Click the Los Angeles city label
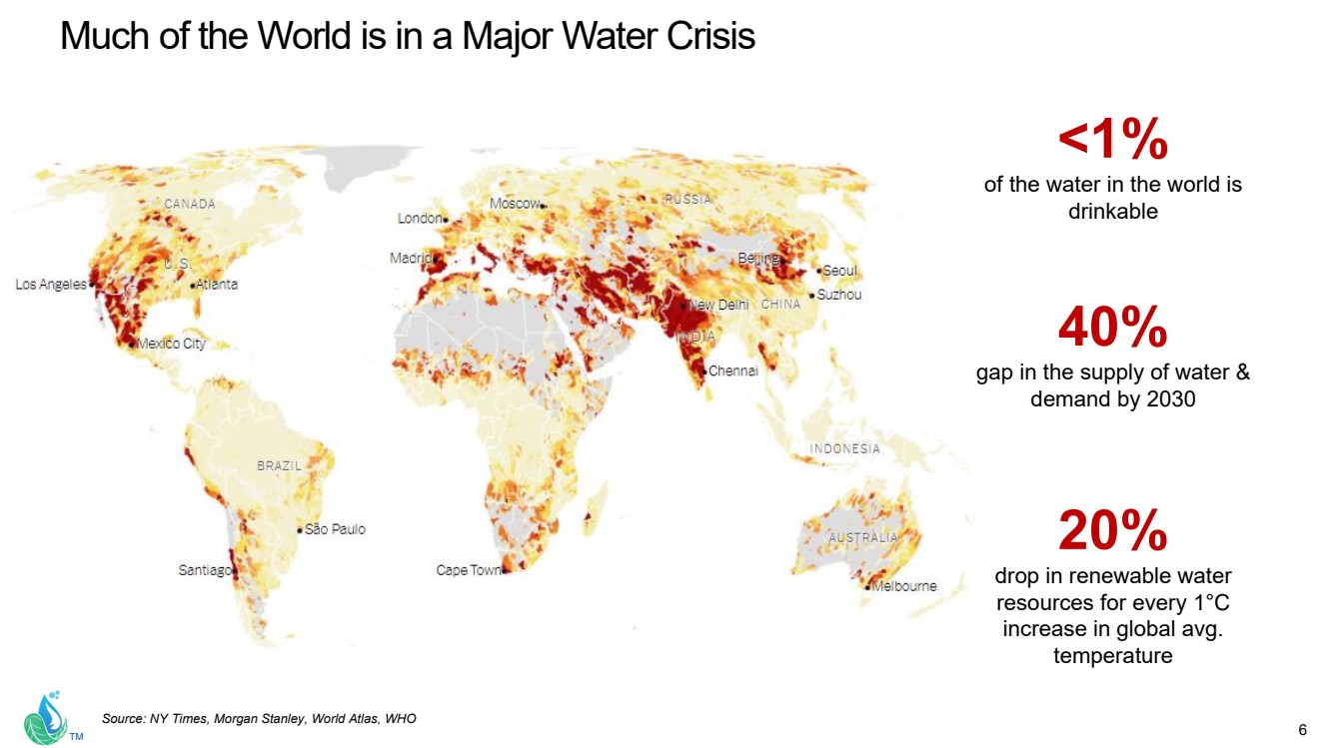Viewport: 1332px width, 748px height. coord(51,285)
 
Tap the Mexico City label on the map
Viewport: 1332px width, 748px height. coord(171,344)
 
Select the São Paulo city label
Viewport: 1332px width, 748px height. coord(335,529)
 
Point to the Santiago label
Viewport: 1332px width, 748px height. coord(205,570)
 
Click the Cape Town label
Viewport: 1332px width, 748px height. coord(469,570)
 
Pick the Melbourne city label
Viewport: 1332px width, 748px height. coord(904,586)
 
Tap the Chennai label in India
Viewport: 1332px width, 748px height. coord(733,371)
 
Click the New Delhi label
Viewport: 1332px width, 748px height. coord(718,305)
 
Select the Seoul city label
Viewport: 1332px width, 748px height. coord(839,271)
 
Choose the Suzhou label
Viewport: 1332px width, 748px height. coord(839,295)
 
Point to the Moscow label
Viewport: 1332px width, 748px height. coord(515,204)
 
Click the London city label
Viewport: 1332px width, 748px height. coord(420,218)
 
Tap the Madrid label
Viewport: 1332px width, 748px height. coord(410,258)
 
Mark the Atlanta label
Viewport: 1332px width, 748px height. coord(217,285)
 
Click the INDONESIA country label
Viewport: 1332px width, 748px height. coord(845,448)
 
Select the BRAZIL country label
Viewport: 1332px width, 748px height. coord(279,465)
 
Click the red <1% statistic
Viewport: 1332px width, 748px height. coord(1112,141)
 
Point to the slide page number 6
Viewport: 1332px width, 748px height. coord(1302,727)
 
